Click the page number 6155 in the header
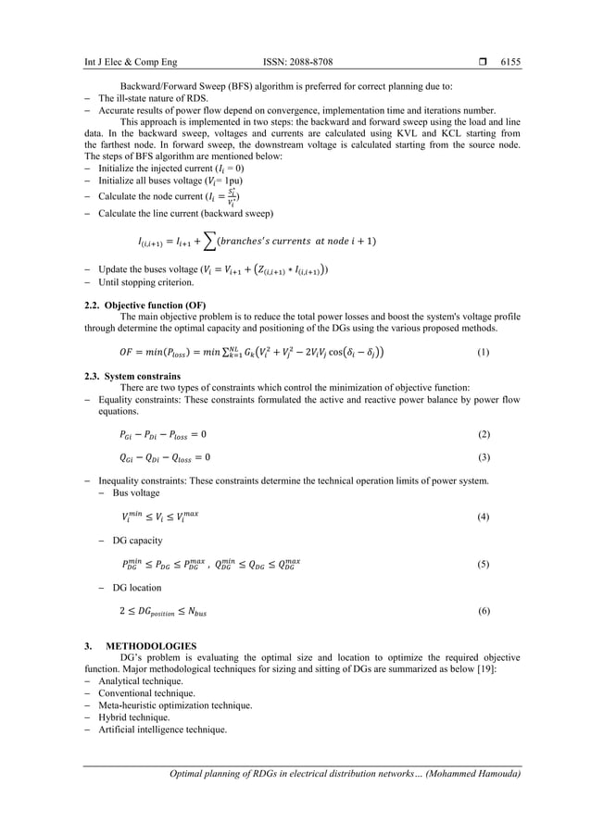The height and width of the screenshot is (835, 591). coord(510,62)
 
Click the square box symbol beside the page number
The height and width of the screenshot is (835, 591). coord(483,62)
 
